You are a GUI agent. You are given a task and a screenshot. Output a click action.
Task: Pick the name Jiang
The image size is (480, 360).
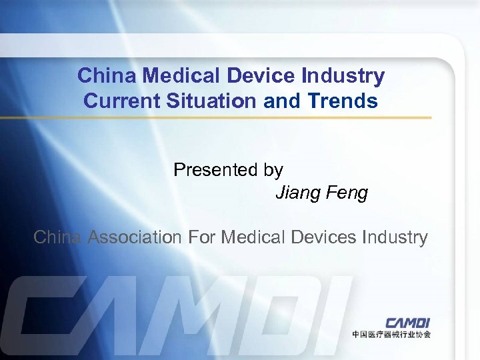click(x=298, y=193)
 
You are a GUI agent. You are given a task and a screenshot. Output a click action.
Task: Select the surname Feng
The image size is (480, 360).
click(x=346, y=193)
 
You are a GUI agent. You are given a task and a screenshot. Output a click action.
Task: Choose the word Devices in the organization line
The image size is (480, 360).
click(x=319, y=237)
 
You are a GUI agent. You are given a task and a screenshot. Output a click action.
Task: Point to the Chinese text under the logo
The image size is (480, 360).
click(x=391, y=334)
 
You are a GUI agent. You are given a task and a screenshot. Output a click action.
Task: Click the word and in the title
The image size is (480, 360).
click(x=279, y=101)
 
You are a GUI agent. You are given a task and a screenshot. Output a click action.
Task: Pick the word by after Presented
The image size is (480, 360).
click(x=273, y=171)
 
